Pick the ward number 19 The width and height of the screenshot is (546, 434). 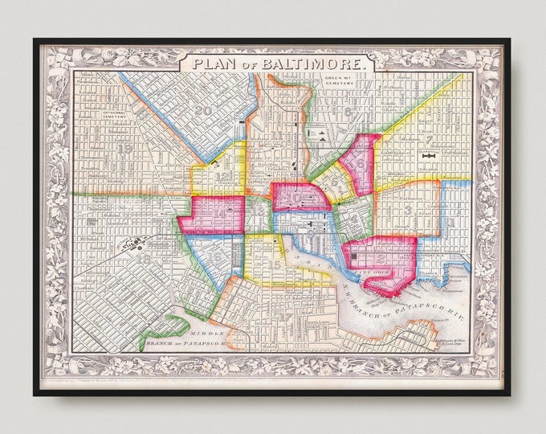click(x=124, y=148)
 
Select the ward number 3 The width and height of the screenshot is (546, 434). click(x=408, y=210)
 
